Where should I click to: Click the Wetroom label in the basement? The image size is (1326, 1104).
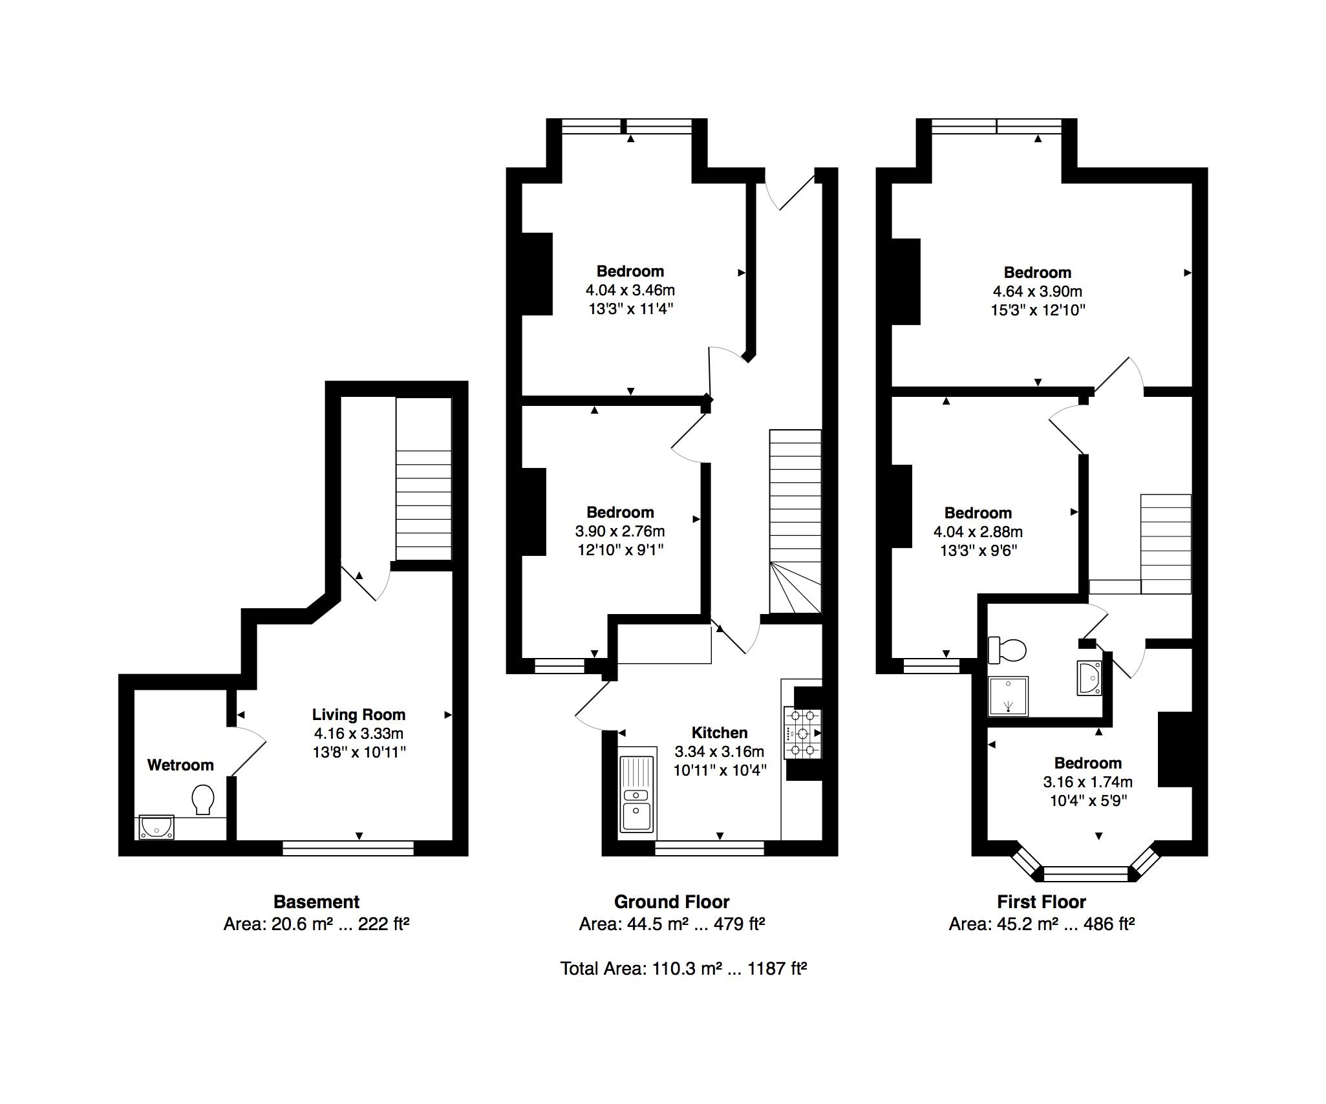tap(180, 765)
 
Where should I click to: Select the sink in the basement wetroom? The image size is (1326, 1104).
tap(156, 827)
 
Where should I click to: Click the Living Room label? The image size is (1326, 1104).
tap(359, 715)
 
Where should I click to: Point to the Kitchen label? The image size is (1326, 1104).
tap(720, 732)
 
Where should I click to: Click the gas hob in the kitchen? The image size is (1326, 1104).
tap(802, 733)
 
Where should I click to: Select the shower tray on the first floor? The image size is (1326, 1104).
tap(1008, 696)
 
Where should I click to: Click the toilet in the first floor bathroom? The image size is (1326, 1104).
tap(1007, 650)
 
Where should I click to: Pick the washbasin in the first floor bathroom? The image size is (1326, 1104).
tap(1089, 678)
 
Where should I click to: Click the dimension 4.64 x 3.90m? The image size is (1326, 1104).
tap(1038, 291)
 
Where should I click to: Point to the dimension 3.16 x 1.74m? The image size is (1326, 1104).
tap(1088, 782)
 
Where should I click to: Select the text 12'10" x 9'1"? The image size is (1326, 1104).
tap(621, 550)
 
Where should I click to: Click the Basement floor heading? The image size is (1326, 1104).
tap(317, 902)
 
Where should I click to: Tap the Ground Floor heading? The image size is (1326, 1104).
tap(672, 902)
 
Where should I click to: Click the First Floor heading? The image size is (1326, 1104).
tap(1042, 902)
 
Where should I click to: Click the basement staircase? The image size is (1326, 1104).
tap(423, 479)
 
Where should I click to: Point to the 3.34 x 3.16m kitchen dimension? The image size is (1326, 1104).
tap(720, 752)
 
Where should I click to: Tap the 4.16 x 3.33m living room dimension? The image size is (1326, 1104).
tap(359, 734)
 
